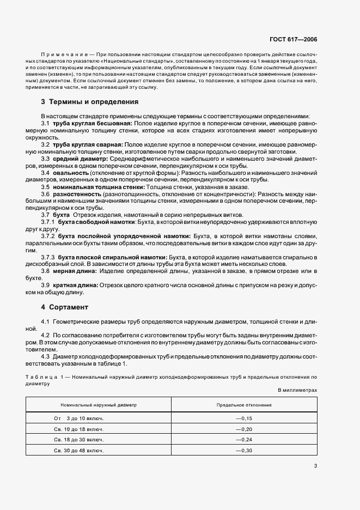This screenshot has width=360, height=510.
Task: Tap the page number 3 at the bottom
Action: click(x=315, y=465)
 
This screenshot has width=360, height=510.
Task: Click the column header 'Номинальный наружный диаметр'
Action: click(x=99, y=405)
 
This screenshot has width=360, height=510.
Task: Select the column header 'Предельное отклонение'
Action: click(x=244, y=405)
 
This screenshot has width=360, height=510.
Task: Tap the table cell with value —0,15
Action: click(x=243, y=418)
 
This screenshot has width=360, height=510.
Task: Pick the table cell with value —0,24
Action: click(x=243, y=440)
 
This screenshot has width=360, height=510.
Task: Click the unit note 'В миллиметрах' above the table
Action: click(x=297, y=390)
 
